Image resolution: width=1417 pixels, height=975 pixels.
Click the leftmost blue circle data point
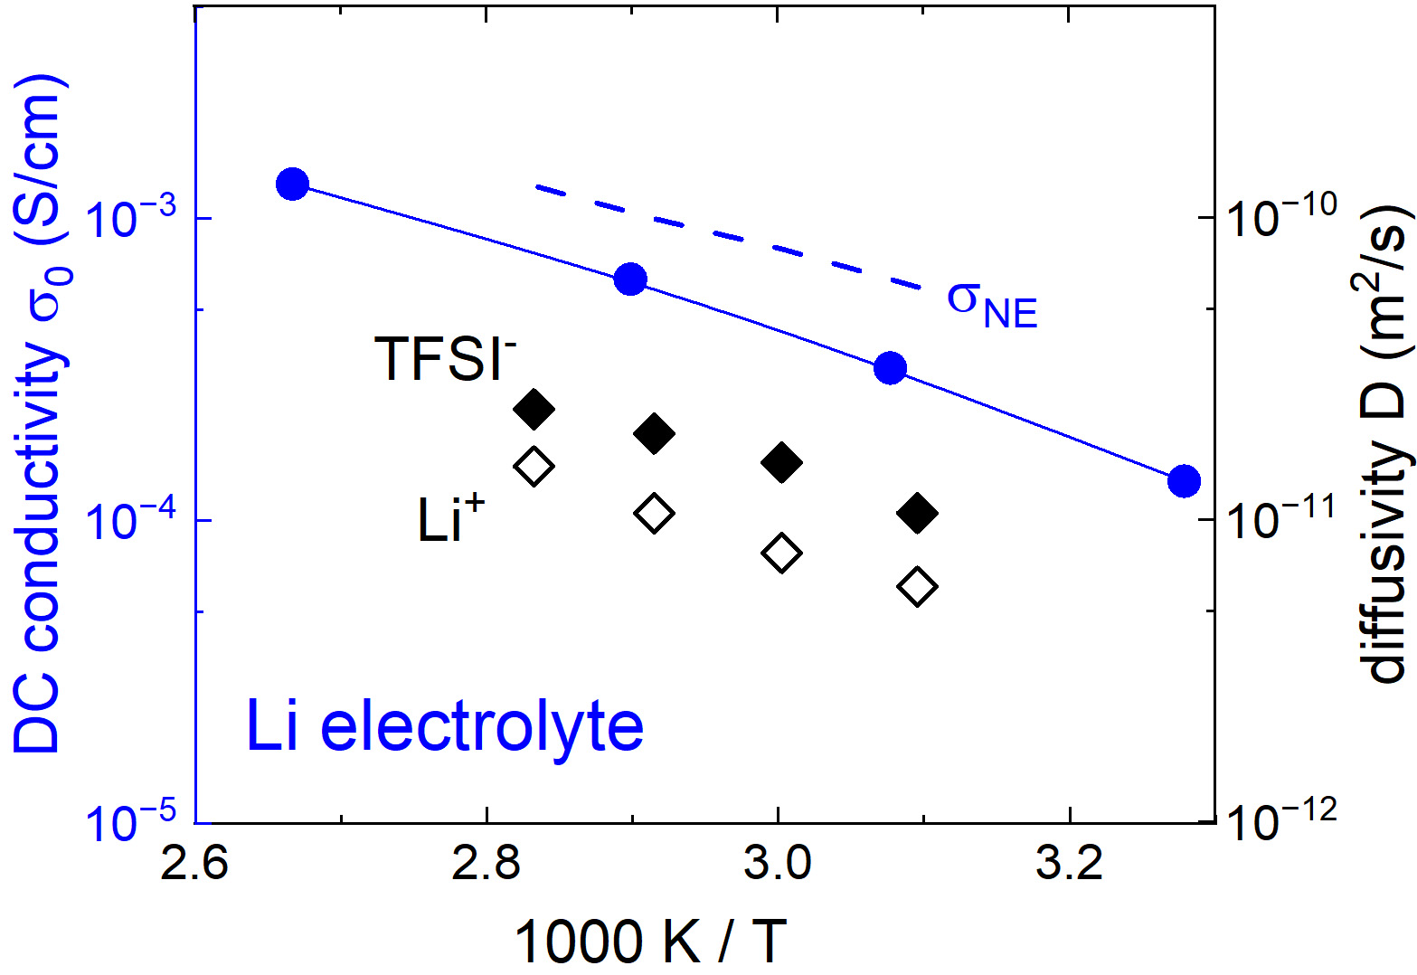tap(292, 184)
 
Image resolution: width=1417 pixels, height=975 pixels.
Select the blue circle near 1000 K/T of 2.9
tap(630, 279)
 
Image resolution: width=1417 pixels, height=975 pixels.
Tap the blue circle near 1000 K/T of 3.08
tap(891, 368)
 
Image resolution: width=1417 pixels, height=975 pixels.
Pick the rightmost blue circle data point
tap(1184, 481)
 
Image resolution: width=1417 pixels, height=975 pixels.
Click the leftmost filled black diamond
tap(534, 410)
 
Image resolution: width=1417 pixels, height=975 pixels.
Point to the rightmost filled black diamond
tap(918, 514)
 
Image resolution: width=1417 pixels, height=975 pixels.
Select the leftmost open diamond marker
tap(534, 467)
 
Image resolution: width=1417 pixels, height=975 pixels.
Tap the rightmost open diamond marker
tap(918, 587)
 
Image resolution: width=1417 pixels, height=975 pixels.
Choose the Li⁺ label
tap(450, 521)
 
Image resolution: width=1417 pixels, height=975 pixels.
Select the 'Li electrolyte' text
tap(445, 727)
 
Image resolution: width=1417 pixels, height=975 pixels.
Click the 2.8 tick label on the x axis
tap(487, 865)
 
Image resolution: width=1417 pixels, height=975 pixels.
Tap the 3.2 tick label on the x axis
tap(1070, 865)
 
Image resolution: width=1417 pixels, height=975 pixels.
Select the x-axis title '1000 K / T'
tap(650, 941)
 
